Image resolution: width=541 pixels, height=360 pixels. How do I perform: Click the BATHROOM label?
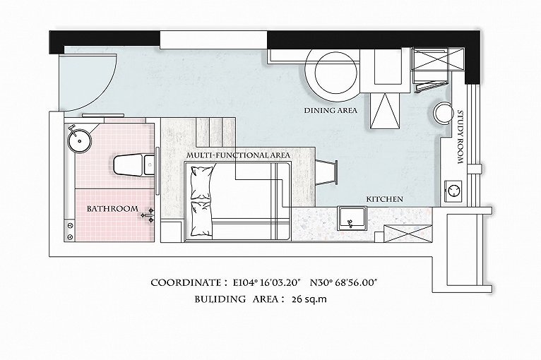coord(112,209)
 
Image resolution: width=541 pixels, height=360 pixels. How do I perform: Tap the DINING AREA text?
coord(331,111)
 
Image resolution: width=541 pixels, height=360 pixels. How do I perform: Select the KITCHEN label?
coord(384,199)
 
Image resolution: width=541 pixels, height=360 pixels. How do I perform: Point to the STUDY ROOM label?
coord(460,137)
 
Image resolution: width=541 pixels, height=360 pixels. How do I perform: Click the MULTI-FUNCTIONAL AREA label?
coord(239,155)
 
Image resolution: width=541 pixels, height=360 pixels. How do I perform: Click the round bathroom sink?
coord(79,140)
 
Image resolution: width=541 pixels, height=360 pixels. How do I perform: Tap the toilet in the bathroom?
coord(133,165)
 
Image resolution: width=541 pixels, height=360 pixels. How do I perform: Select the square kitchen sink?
coord(352,218)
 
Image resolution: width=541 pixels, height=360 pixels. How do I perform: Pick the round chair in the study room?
coord(444,112)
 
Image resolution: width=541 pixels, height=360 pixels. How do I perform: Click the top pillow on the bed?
coord(201,183)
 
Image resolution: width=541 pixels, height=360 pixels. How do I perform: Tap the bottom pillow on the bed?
coord(201,218)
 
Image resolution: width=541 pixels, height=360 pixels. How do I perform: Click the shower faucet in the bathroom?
coord(149,215)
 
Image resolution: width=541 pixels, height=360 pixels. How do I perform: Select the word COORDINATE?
coord(186,283)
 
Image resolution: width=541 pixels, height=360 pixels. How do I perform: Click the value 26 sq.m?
coord(309,299)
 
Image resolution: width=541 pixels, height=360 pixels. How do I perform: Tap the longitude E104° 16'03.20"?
coord(268,283)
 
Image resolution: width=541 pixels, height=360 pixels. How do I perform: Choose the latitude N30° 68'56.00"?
coord(344,283)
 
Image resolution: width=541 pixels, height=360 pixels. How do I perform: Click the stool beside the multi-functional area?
coord(326,173)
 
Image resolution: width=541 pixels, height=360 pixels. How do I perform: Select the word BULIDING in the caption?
coord(220,299)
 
